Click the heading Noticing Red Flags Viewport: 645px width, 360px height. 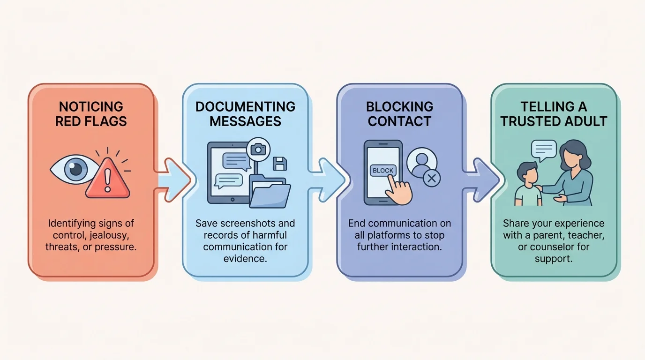91,114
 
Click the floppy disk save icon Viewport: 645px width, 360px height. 280,164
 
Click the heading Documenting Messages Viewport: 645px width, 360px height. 245,114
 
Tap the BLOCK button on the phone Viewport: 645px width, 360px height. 383,171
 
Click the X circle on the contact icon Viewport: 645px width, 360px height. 432,178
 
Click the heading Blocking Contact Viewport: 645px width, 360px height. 399,114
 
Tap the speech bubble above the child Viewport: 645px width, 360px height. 544,150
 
